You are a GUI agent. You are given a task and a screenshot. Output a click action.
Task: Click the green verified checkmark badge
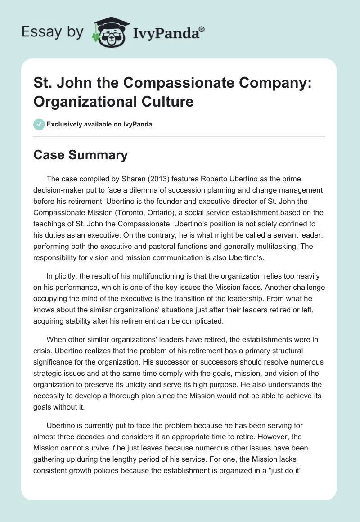(x=39, y=124)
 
